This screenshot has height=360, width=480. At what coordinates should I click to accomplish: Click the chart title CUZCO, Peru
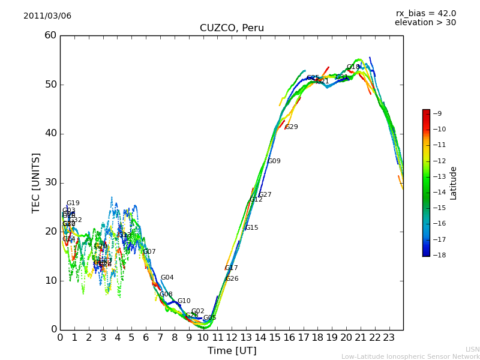[232, 28]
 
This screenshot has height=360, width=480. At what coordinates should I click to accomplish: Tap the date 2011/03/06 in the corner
[47, 16]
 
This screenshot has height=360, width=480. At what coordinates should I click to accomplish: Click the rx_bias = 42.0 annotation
[425, 13]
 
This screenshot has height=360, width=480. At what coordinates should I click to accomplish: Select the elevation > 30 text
[425, 23]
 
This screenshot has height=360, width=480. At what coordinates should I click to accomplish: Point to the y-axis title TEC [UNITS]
[36, 182]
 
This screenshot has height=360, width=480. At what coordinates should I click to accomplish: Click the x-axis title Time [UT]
[232, 350]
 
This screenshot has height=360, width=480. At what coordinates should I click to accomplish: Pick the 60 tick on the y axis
[50, 35]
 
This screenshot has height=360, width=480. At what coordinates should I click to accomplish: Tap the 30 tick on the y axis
[50, 182]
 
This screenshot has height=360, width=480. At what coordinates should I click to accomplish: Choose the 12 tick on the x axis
[232, 337]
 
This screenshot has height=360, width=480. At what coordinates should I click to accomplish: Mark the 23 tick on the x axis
[389, 337]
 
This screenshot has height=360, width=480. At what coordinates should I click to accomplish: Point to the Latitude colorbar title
[454, 182]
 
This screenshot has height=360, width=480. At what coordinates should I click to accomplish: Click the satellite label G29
[292, 127]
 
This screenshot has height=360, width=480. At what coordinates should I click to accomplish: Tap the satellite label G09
[274, 161]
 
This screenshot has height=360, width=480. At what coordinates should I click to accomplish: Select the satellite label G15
[252, 228]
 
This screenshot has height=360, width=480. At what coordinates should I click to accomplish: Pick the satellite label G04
[167, 278]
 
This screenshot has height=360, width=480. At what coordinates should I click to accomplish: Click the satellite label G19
[73, 203]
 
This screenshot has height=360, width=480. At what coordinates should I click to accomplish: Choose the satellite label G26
[232, 279]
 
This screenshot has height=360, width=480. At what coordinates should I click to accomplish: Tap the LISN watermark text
[472, 349]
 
